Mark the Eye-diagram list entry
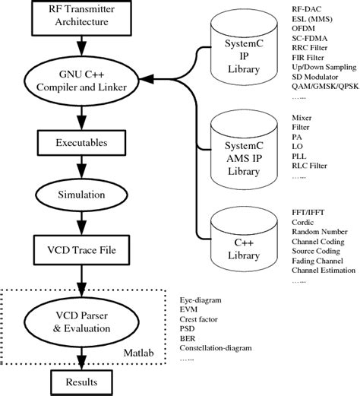tap(200, 299)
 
